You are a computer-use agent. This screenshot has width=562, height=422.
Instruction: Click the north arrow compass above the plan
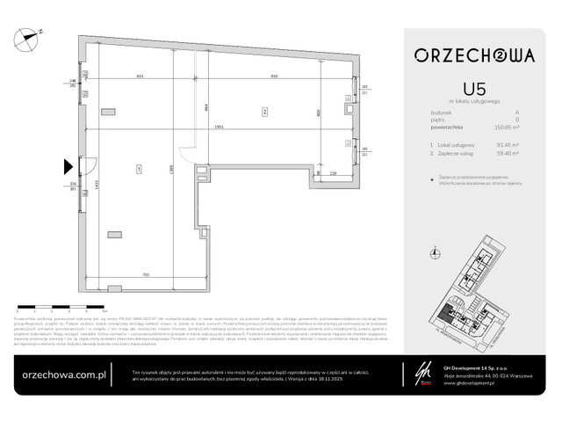click(32, 36)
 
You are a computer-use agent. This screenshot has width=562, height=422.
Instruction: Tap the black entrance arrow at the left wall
click(68, 165)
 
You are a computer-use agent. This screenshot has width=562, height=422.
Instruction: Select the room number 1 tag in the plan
click(139, 166)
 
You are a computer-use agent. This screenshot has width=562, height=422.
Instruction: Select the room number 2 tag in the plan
click(263, 111)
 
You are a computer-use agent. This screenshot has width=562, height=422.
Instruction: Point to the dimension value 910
click(274, 77)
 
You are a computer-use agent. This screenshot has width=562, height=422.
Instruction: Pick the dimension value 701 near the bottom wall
click(147, 275)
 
